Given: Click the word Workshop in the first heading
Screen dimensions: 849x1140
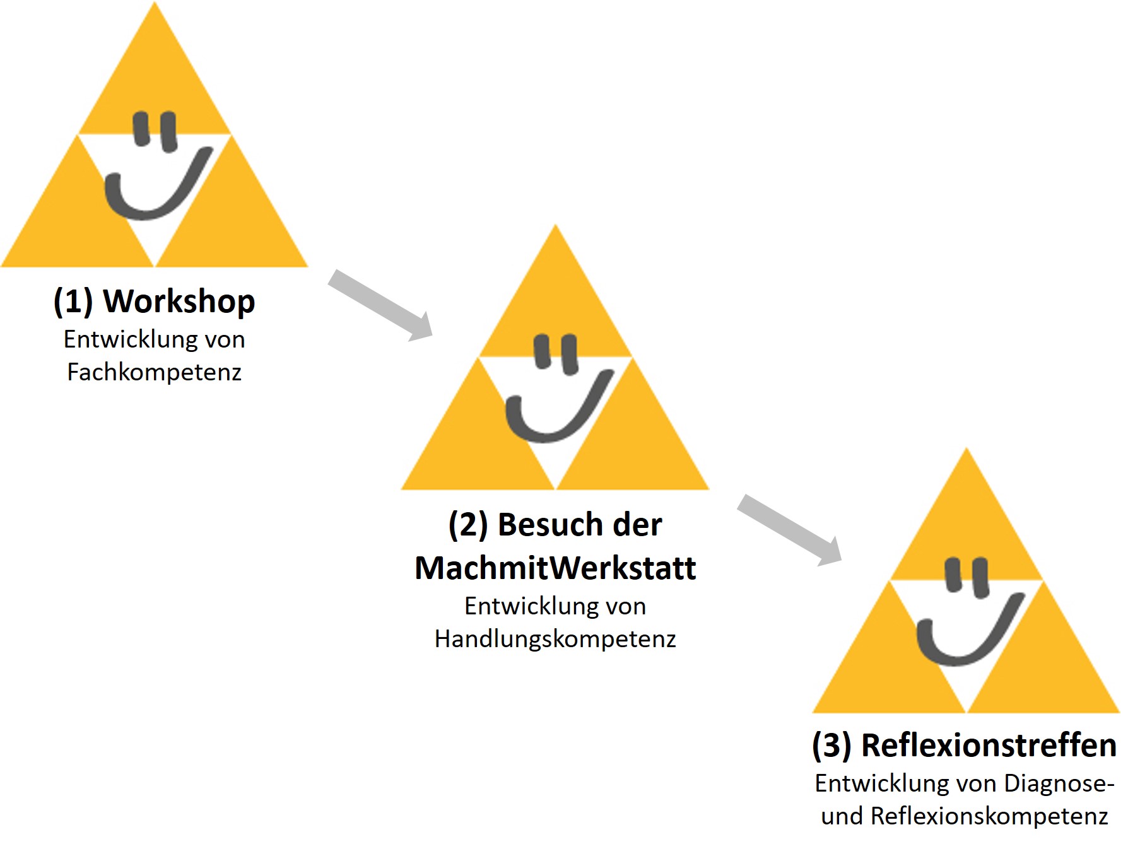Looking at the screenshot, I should point(179,301).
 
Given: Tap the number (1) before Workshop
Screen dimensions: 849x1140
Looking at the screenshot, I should point(73,301).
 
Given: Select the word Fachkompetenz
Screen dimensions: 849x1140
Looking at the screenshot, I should point(154,372).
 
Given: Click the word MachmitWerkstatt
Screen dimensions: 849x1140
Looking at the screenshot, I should point(555,568).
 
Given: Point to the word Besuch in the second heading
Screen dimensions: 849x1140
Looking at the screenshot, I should point(543,524).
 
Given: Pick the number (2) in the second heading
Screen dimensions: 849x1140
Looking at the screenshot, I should point(468,524).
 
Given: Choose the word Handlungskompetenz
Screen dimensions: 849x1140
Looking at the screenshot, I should point(555,639).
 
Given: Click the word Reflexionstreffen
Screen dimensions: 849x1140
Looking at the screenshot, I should point(989,745).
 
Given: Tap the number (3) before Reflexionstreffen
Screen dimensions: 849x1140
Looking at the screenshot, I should point(831,745).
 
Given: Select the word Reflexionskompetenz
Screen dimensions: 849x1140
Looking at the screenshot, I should point(989,816).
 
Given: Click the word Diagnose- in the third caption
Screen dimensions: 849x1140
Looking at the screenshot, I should point(1059,783).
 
